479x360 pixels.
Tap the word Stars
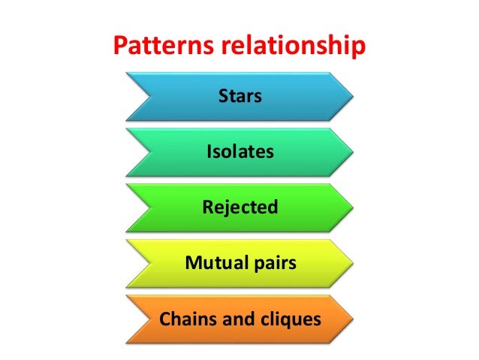(239, 96)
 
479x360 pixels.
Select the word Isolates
(239, 152)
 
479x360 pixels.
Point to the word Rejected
(239, 207)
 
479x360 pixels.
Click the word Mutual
(215, 263)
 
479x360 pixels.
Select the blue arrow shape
(173, 96)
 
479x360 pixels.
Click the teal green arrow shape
(173, 152)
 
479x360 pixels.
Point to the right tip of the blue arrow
(351, 96)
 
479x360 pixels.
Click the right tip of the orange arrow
(351, 319)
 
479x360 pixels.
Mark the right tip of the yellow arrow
(351, 263)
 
